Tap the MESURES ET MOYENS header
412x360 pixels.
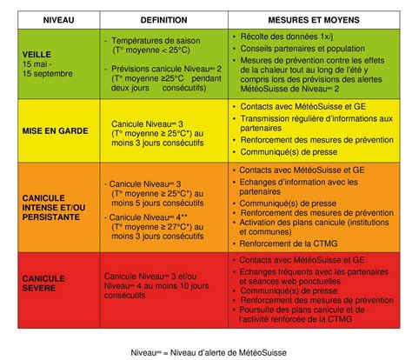click(315, 18)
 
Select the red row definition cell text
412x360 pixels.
click(161, 283)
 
